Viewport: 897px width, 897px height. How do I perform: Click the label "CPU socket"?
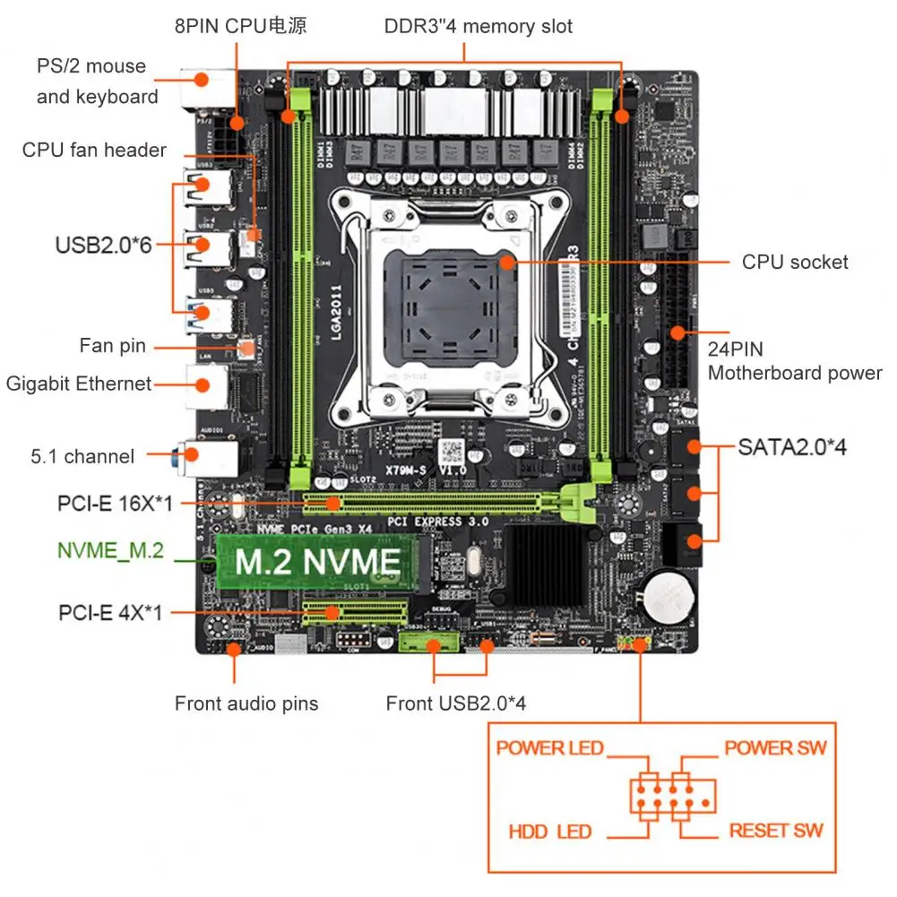coord(795,262)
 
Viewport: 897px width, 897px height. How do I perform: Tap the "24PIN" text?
coord(735,349)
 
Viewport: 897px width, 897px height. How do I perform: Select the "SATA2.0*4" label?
coord(792,446)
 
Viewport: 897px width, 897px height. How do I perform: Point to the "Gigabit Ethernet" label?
coord(79,384)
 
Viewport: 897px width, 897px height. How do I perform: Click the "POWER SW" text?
coord(775,747)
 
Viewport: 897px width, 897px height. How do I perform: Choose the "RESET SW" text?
coord(775,831)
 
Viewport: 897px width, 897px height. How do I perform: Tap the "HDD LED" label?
coord(549,832)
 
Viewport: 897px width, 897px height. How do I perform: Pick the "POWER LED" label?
coord(549,747)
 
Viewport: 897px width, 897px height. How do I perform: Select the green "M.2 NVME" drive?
coord(317,562)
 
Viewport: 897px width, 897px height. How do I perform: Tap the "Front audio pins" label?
coord(246,703)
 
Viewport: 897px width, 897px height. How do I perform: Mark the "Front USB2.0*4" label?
coord(456,703)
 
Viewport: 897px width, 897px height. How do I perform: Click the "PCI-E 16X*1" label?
coord(114,504)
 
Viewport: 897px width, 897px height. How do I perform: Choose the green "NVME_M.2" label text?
coord(110,550)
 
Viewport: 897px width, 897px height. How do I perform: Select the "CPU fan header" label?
coord(94,150)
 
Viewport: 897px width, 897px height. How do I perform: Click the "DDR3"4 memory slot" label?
coord(479,26)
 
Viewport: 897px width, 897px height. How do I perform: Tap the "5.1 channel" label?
coord(82,456)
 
